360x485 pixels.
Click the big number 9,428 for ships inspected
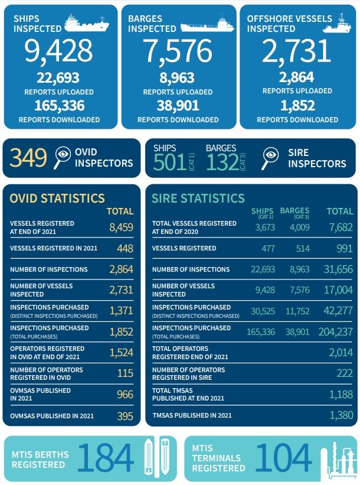pyautogui.click(x=58, y=51)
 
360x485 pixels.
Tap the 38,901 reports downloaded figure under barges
pyautogui.click(x=178, y=106)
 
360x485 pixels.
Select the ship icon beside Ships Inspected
pyautogui.click(x=87, y=24)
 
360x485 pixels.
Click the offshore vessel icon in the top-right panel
pyautogui.click(x=337, y=24)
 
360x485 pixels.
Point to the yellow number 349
pyautogui.click(x=28, y=158)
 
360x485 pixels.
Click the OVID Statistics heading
pyautogui.click(x=57, y=198)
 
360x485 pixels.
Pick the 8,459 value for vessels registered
pyautogui.click(x=121, y=227)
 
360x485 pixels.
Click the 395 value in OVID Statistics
pyautogui.click(x=125, y=416)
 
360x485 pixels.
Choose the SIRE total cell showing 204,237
pyautogui.click(x=336, y=331)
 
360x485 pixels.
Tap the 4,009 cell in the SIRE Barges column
pyautogui.click(x=299, y=227)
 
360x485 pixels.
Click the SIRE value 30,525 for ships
pyautogui.click(x=263, y=311)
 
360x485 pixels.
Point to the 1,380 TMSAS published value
pyautogui.click(x=341, y=415)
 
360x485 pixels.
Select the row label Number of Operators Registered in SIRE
pyautogui.click(x=188, y=374)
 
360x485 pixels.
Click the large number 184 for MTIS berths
pyautogui.click(x=106, y=458)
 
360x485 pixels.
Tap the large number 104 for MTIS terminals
pyautogui.click(x=283, y=458)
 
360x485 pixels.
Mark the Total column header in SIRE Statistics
pyautogui.click(x=340, y=211)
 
